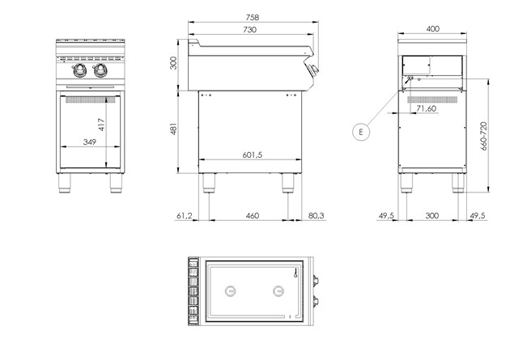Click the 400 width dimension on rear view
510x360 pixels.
click(x=432, y=29)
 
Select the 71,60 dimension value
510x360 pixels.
click(x=426, y=108)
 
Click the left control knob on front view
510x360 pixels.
click(x=79, y=71)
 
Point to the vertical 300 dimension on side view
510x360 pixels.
click(x=172, y=63)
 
